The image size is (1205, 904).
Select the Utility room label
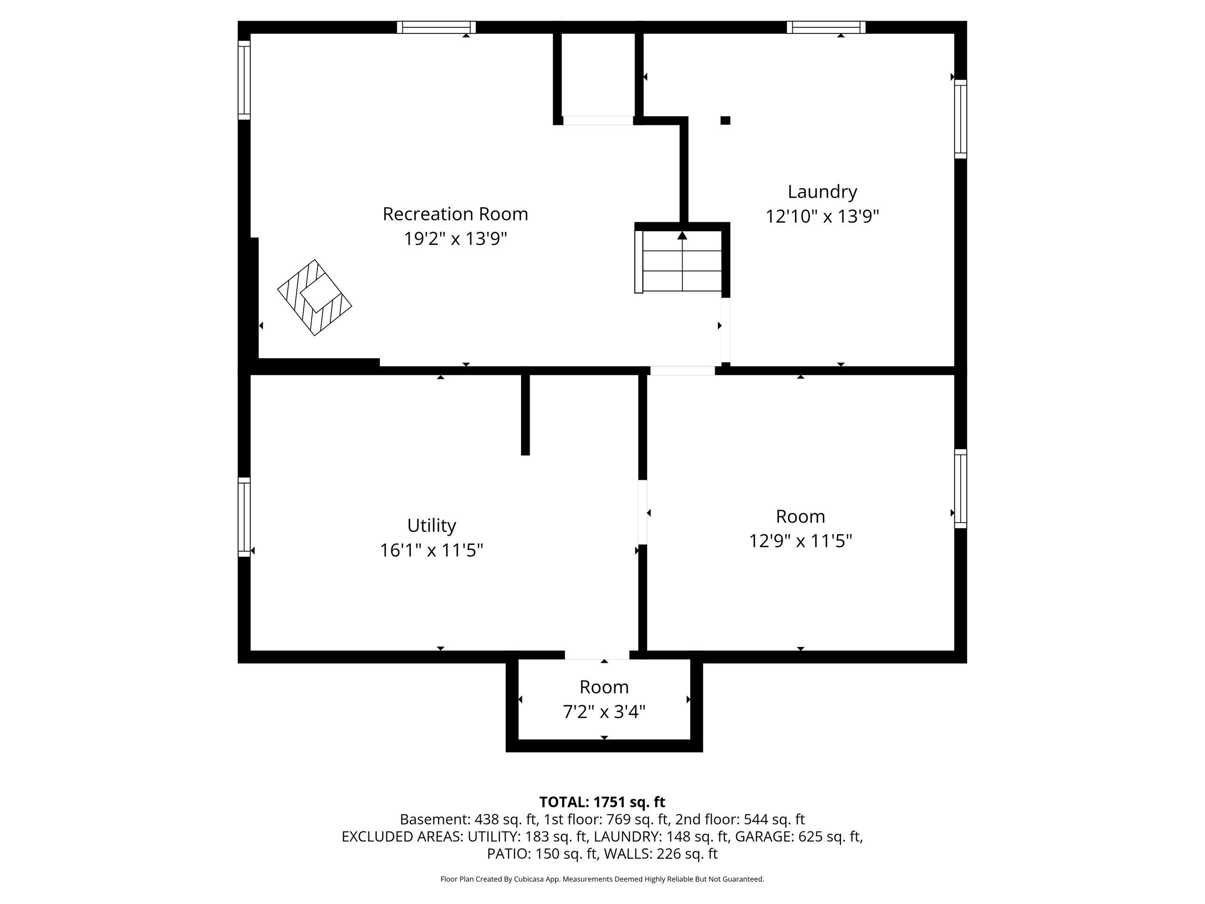(432, 526)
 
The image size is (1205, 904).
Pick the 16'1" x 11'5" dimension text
(432, 550)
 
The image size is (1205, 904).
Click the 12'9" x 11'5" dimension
(800, 541)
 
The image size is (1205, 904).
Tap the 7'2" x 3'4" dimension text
(604, 711)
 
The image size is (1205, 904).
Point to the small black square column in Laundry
(725, 121)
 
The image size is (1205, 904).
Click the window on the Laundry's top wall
(826, 27)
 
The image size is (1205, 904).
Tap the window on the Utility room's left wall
(244, 517)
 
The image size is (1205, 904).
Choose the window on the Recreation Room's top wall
(436, 27)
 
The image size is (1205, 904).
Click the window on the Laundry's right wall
(960, 119)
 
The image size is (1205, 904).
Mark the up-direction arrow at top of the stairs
(682, 235)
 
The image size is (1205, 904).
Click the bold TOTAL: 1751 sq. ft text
(602, 802)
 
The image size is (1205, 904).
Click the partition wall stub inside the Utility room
(525, 415)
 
